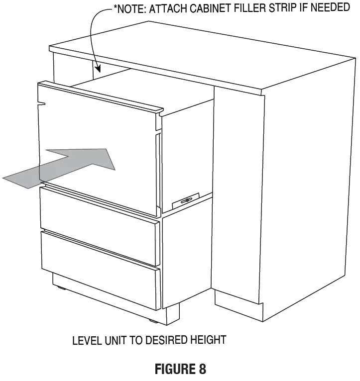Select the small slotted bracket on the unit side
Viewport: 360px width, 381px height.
click(185, 200)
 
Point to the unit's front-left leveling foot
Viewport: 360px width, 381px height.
click(62, 287)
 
